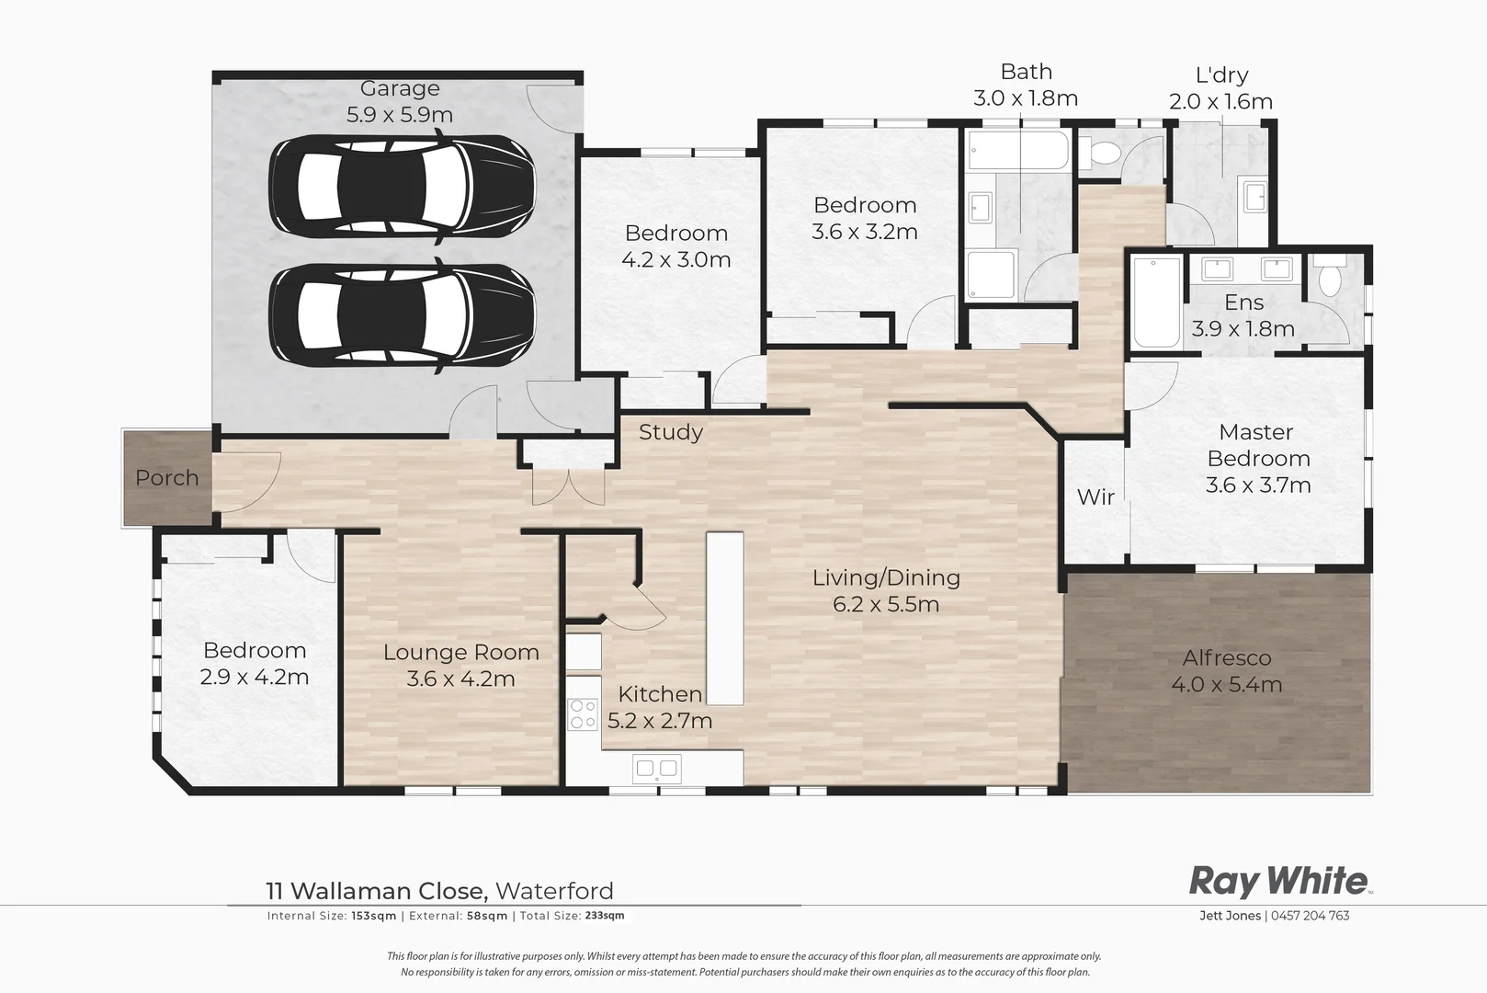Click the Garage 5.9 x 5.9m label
[x=399, y=101]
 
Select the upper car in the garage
[x=401, y=187]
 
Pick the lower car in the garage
[x=401, y=315]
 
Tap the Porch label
[x=166, y=478]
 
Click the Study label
[x=670, y=432]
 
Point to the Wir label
[x=1095, y=497]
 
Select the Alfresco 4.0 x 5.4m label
[x=1226, y=671]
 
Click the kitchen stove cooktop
[x=583, y=714]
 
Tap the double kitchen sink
[x=657, y=768]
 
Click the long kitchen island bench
[x=724, y=618]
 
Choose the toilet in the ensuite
[x=1329, y=277]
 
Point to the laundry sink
[x=1255, y=197]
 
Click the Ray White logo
[x=1278, y=881]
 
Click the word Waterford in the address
[x=554, y=891]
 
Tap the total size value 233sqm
[x=605, y=916]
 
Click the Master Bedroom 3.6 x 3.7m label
[x=1257, y=458]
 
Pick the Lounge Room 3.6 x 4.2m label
[x=460, y=666]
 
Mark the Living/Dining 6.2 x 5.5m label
[x=886, y=590]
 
